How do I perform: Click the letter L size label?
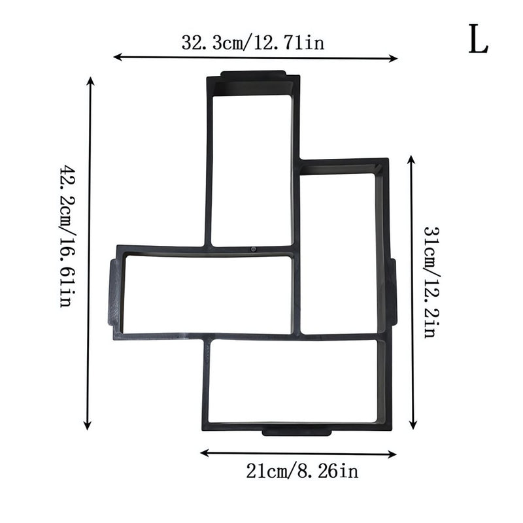[x=477, y=41]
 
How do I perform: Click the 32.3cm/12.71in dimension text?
[x=253, y=43]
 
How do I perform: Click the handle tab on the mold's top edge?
[x=254, y=75]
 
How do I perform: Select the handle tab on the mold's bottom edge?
[x=296, y=431]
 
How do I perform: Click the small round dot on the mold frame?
[x=252, y=250]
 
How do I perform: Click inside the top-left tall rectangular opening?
[x=251, y=170]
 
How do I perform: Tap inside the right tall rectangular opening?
[x=338, y=252]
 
